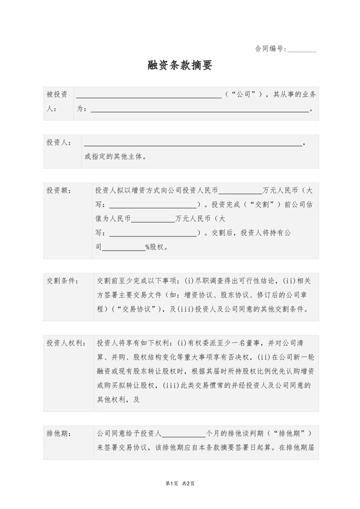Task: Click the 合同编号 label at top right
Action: tap(269, 48)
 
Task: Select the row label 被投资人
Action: tap(57, 102)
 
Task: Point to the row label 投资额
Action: tap(59, 191)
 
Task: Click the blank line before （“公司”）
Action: tap(149, 96)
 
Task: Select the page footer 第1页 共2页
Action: tap(179, 499)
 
